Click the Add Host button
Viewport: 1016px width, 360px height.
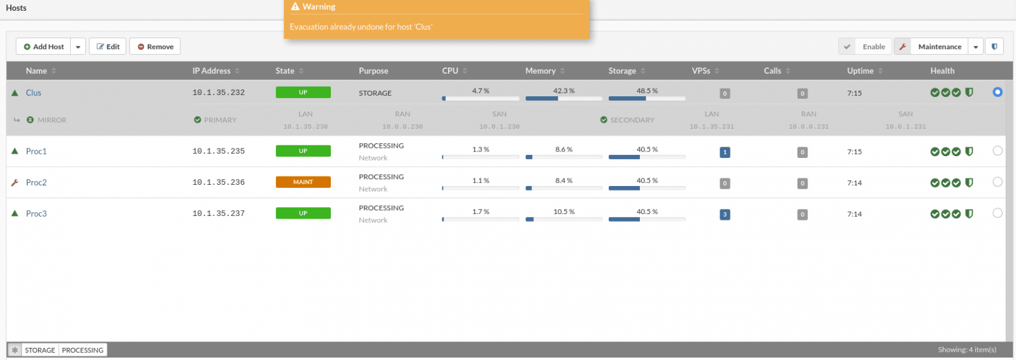[43, 47]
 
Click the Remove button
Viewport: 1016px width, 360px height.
[155, 47]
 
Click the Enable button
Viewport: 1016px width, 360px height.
[865, 47]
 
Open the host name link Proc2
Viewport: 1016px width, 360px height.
[36, 182]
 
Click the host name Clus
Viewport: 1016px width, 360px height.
[34, 92]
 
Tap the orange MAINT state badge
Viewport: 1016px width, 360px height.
[303, 182]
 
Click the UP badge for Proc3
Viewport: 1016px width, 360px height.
[303, 213]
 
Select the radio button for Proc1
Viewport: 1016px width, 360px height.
[998, 150]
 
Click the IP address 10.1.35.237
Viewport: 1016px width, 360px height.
[219, 213]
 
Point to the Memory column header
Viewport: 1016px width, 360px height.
[541, 71]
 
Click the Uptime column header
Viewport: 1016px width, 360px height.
[860, 71]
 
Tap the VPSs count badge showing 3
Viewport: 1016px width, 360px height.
[725, 215]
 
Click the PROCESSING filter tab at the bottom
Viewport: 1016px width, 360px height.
[83, 350]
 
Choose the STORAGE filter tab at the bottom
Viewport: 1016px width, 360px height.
[40, 350]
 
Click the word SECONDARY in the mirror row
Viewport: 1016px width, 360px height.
[632, 120]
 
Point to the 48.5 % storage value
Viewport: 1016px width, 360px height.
[647, 90]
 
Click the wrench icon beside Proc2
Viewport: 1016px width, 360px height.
[15, 182]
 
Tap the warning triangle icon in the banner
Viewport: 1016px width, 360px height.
[295, 6]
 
